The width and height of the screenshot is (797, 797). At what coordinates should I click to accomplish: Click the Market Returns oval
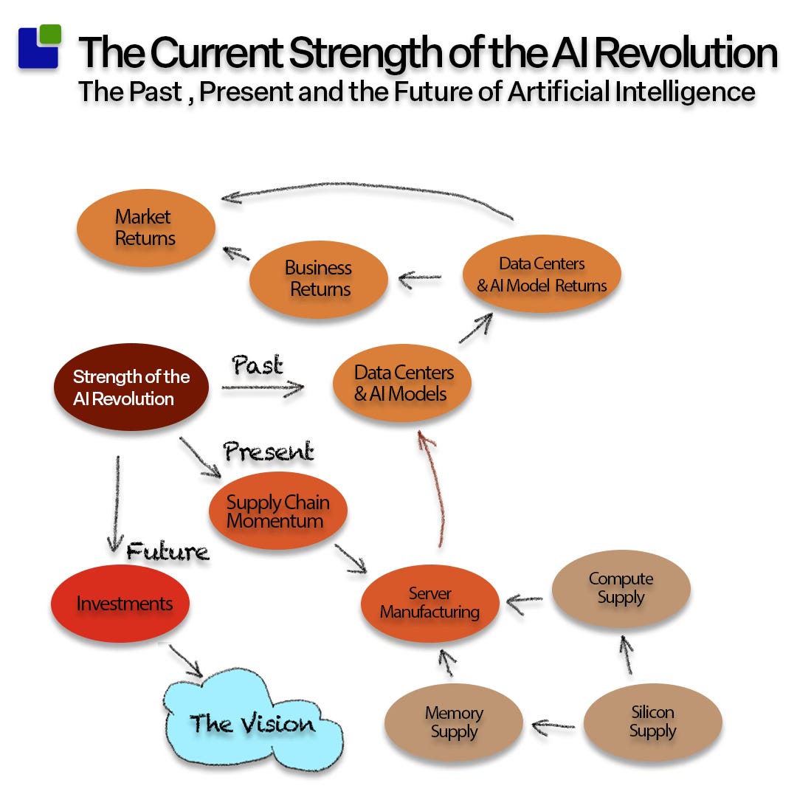click(145, 228)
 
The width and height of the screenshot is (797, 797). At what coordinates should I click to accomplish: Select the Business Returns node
click(319, 279)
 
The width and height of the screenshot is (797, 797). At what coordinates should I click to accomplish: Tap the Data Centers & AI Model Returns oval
click(542, 274)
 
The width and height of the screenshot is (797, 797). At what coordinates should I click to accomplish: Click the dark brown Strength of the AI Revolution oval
click(131, 387)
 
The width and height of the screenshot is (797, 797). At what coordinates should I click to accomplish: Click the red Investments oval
click(120, 603)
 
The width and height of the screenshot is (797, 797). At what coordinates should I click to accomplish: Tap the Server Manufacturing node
click(429, 603)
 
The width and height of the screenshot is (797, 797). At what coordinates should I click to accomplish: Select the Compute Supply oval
click(621, 588)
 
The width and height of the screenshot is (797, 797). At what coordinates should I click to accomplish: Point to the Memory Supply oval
click(454, 722)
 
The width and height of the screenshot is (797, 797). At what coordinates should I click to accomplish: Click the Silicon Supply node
click(652, 722)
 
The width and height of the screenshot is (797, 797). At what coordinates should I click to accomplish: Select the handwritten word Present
click(269, 452)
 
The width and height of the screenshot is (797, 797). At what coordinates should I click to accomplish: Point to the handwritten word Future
click(168, 551)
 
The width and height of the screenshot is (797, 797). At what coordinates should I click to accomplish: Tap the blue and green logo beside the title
click(39, 46)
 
